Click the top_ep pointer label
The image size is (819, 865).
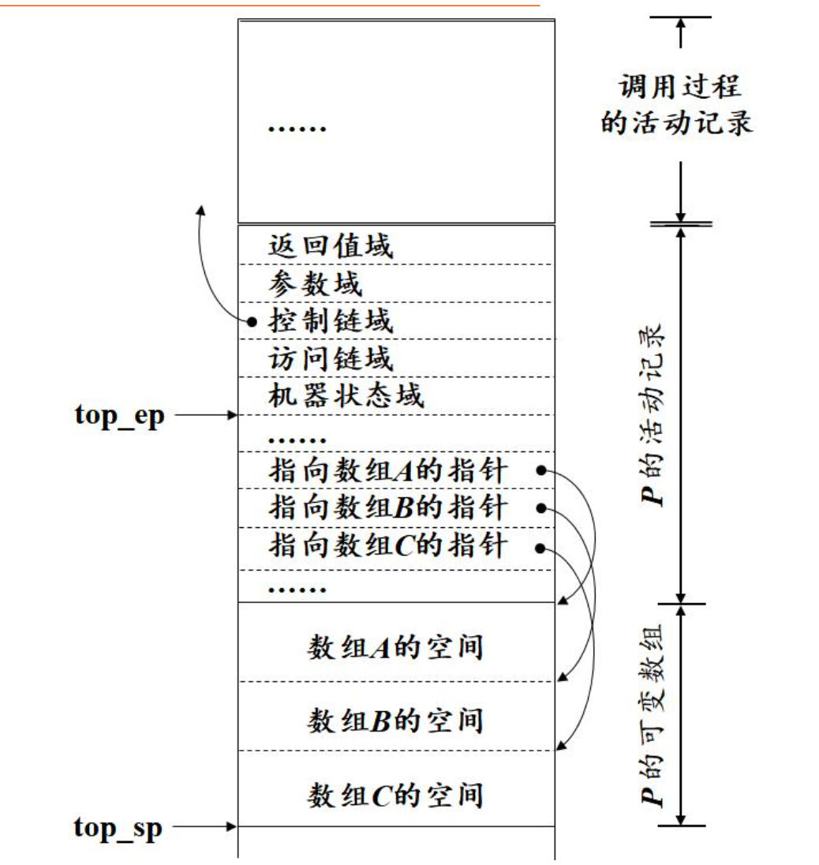coord(120,415)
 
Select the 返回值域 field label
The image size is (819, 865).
coord(330,245)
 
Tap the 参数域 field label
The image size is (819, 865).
coord(315,283)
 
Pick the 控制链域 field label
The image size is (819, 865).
coord(330,320)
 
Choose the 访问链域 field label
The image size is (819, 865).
coord(330,358)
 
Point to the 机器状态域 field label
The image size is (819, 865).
coord(346,395)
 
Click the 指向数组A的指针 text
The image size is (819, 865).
coord(387,471)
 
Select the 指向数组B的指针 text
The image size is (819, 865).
coord(387,507)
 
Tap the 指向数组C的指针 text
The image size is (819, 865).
coord(387,546)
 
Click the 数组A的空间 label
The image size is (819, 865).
coord(395,648)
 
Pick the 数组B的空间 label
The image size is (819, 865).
coord(395,720)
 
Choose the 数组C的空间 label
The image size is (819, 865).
coord(395,794)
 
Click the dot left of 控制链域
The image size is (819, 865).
coord(252,321)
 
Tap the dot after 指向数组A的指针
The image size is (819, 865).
coord(541,471)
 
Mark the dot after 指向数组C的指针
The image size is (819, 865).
coord(541,547)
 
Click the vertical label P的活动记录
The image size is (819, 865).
coord(653,414)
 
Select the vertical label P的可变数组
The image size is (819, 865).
coord(653,714)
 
